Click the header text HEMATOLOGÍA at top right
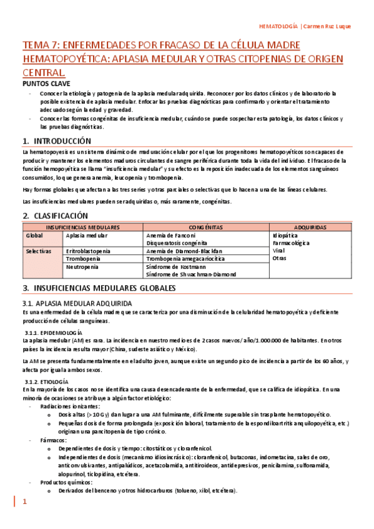(x=278, y=26)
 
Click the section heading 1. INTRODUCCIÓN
(x=56, y=141)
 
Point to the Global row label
(x=34, y=236)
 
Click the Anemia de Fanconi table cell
(x=170, y=236)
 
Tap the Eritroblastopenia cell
(x=88, y=251)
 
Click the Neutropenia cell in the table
(x=82, y=266)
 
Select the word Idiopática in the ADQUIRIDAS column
(x=287, y=236)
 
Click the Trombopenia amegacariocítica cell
(x=185, y=259)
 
